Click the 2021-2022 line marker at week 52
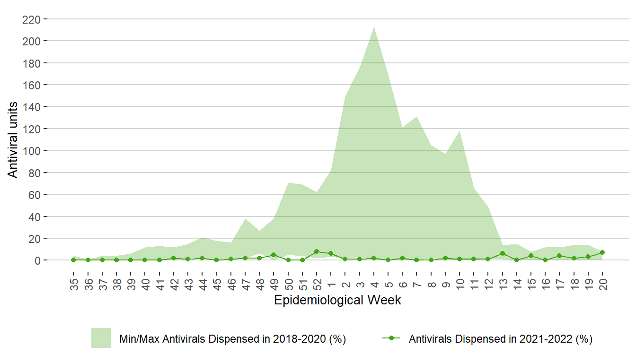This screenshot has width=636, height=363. pos(317,251)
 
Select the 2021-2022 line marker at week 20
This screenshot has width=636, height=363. pos(602,252)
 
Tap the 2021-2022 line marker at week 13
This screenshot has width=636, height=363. pos(503,253)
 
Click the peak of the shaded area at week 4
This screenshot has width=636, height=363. pos(374,27)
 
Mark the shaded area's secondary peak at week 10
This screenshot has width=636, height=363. pos(459,131)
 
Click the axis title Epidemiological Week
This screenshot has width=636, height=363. pos(337,300)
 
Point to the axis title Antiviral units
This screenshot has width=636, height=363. pos(13,140)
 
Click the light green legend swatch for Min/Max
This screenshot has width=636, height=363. pos(101,338)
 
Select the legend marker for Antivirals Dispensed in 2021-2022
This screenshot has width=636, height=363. pos(391,338)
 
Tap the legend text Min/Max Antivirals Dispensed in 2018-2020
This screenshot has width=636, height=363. pos(232,339)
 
